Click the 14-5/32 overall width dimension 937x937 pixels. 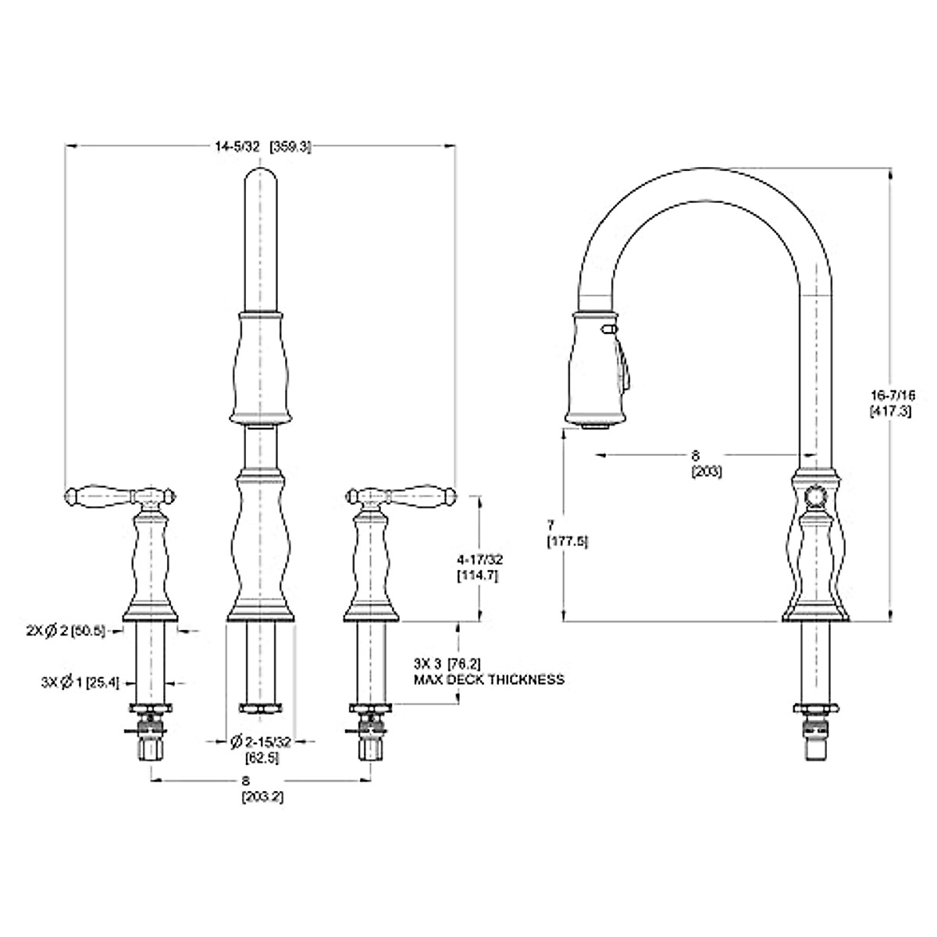pos(237,146)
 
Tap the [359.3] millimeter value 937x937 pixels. pos(290,146)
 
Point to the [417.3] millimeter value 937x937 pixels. pos(890,411)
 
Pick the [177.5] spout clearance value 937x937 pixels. pos(568,541)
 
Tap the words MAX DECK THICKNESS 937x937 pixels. pos(489,679)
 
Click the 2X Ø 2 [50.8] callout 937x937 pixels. pos(66,632)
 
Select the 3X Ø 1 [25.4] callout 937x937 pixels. pos(80,683)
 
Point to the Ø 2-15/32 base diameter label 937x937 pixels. pos(260,742)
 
